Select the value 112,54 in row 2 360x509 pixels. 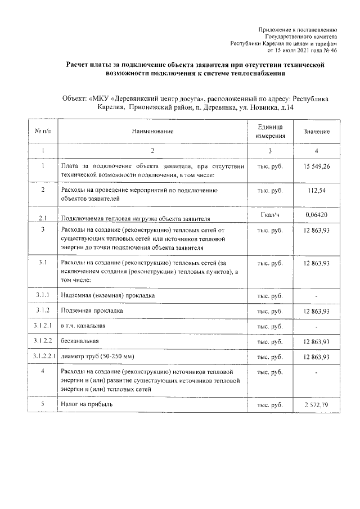pos(316,190)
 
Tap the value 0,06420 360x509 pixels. pos(316,215)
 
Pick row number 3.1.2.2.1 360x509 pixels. pos(43,357)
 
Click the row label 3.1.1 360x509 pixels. pos(43,295)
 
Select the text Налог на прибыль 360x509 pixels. pos(87,404)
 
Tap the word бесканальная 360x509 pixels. pos(82,341)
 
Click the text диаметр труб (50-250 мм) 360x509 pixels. pos(98,357)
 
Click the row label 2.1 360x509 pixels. pos(43,217)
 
